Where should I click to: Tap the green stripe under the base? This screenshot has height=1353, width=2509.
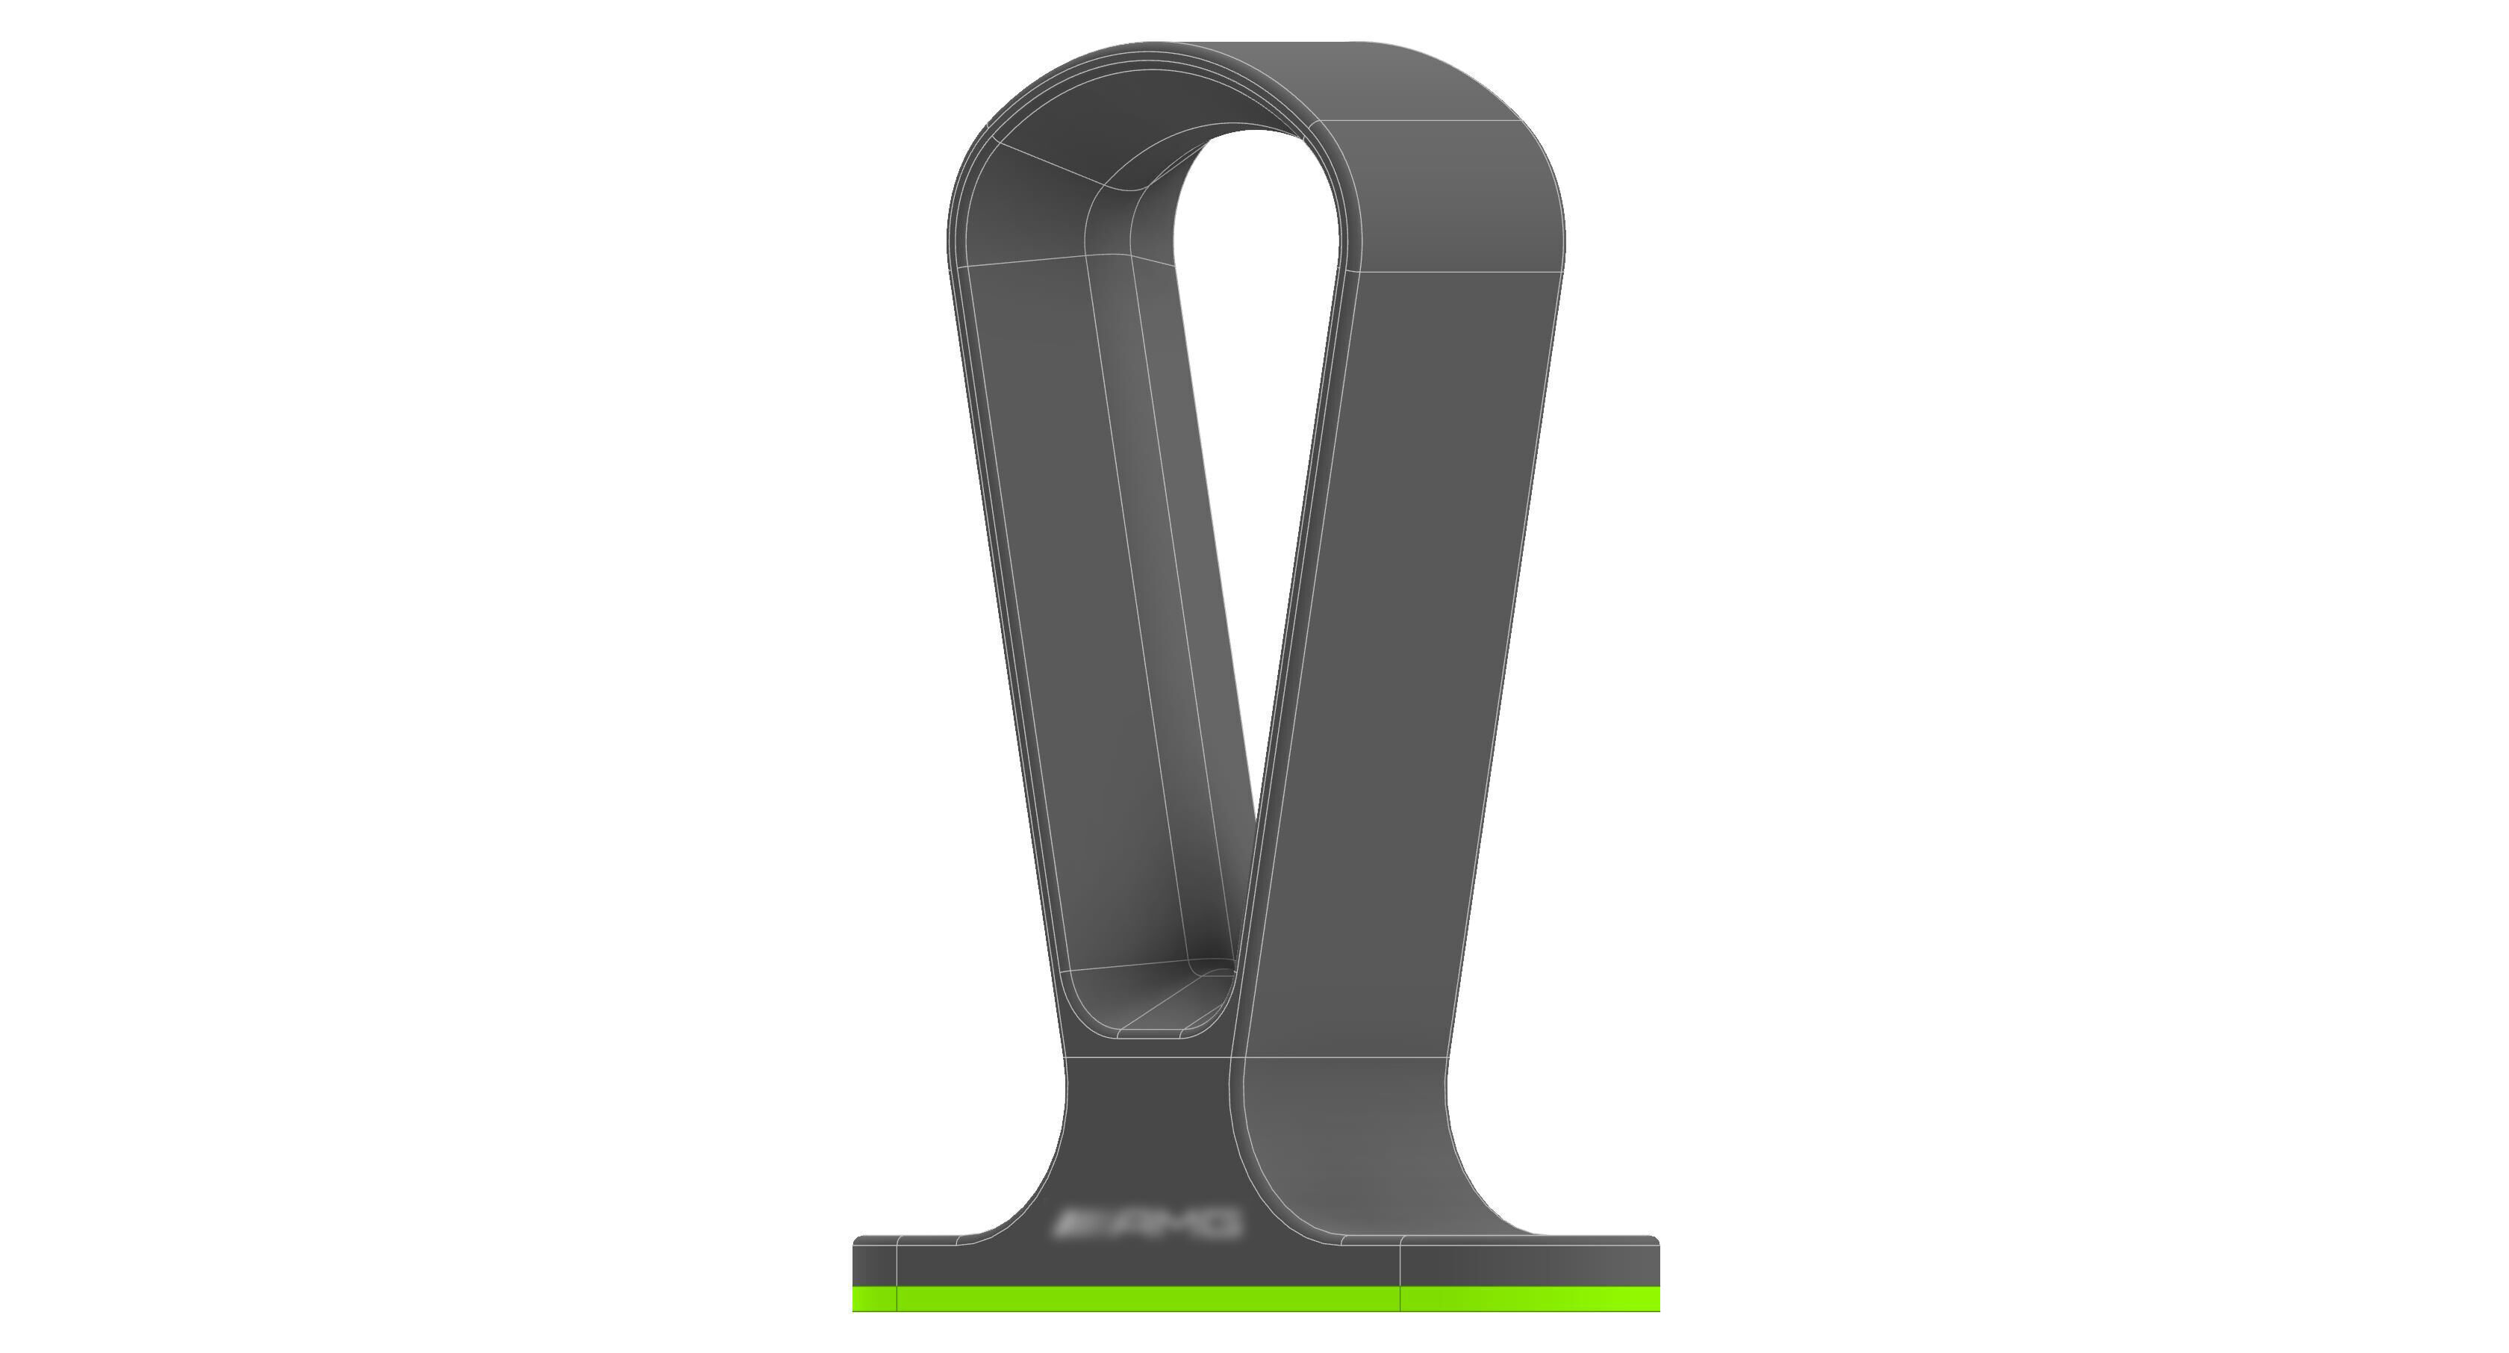tap(1256, 1298)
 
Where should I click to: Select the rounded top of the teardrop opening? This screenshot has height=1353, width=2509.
tap(1256, 146)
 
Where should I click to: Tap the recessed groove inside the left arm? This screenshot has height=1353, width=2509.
tap(1159, 585)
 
